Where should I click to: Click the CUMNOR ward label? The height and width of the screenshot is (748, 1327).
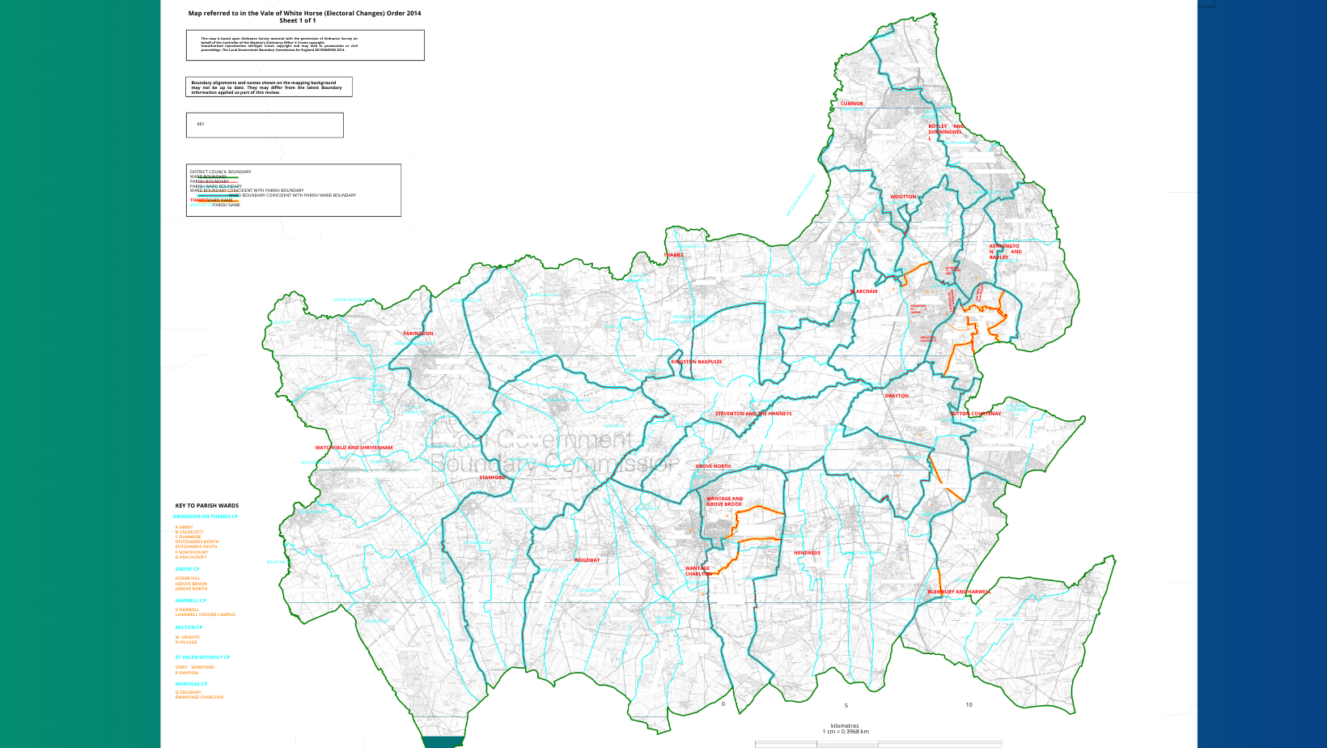[x=851, y=104]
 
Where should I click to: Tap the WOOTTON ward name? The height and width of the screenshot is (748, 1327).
[x=903, y=197]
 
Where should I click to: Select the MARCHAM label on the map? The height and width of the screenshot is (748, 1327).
[x=863, y=291]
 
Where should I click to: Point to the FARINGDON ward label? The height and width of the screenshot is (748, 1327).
[x=418, y=334]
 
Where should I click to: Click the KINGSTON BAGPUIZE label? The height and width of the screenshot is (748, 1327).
[x=696, y=362]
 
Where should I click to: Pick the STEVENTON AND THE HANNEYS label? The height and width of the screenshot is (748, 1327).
[x=753, y=414]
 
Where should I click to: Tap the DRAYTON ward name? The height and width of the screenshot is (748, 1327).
[x=897, y=396]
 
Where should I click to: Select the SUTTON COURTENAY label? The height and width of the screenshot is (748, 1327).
[x=975, y=414]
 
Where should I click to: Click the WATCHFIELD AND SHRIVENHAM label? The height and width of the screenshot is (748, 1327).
[x=354, y=448]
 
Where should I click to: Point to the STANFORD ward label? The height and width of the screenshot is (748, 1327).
[x=492, y=478]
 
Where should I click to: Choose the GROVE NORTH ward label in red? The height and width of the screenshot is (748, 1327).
[x=713, y=466]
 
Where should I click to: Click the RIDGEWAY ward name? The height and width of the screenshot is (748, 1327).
[x=587, y=560]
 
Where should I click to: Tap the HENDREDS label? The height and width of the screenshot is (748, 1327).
[x=807, y=553]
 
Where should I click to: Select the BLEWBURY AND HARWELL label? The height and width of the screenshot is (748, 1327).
[x=959, y=592]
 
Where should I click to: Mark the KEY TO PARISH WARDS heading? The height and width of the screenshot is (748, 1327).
[x=207, y=506]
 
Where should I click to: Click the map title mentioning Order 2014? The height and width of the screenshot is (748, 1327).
[x=304, y=13]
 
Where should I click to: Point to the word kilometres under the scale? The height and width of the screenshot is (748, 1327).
[x=845, y=725]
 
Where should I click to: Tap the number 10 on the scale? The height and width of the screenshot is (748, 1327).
[x=969, y=705]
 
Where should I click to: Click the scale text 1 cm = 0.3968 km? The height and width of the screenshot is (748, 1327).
[x=846, y=732]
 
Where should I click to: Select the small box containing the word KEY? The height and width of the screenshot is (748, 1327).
[x=265, y=125]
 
